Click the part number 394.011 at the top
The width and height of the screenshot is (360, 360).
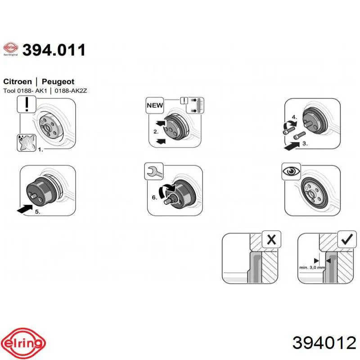pyautogui.click(x=54, y=50)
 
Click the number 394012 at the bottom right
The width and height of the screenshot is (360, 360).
pyautogui.click(x=324, y=343)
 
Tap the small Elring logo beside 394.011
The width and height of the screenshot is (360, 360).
pyautogui.click(x=10, y=49)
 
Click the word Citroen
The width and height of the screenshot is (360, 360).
pyautogui.click(x=18, y=81)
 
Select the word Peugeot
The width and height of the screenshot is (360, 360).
pyautogui.click(x=58, y=82)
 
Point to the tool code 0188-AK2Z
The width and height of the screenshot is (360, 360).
pyautogui.click(x=71, y=91)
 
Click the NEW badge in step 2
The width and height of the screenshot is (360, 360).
pyautogui.click(x=155, y=105)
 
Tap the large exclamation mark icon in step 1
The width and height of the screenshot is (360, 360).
pyautogui.click(x=27, y=104)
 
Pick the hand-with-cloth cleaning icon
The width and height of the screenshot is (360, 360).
pyautogui.click(x=27, y=143)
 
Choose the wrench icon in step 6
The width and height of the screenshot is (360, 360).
pyautogui.click(x=154, y=171)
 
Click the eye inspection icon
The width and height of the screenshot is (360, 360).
pyautogui.click(x=291, y=171)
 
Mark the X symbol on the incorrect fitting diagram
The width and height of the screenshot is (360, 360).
pyautogui.click(x=271, y=240)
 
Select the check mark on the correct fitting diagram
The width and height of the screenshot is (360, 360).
pyautogui.click(x=347, y=239)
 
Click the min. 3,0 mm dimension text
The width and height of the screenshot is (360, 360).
pyautogui.click(x=312, y=267)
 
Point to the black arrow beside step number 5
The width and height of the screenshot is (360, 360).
pyautogui.click(x=25, y=209)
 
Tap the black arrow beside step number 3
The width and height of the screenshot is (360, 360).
pyautogui.click(x=292, y=146)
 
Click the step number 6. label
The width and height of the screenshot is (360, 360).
pyautogui.click(x=154, y=198)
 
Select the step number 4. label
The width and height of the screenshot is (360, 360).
pyautogui.click(x=294, y=117)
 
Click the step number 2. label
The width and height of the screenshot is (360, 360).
pyautogui.click(x=156, y=132)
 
